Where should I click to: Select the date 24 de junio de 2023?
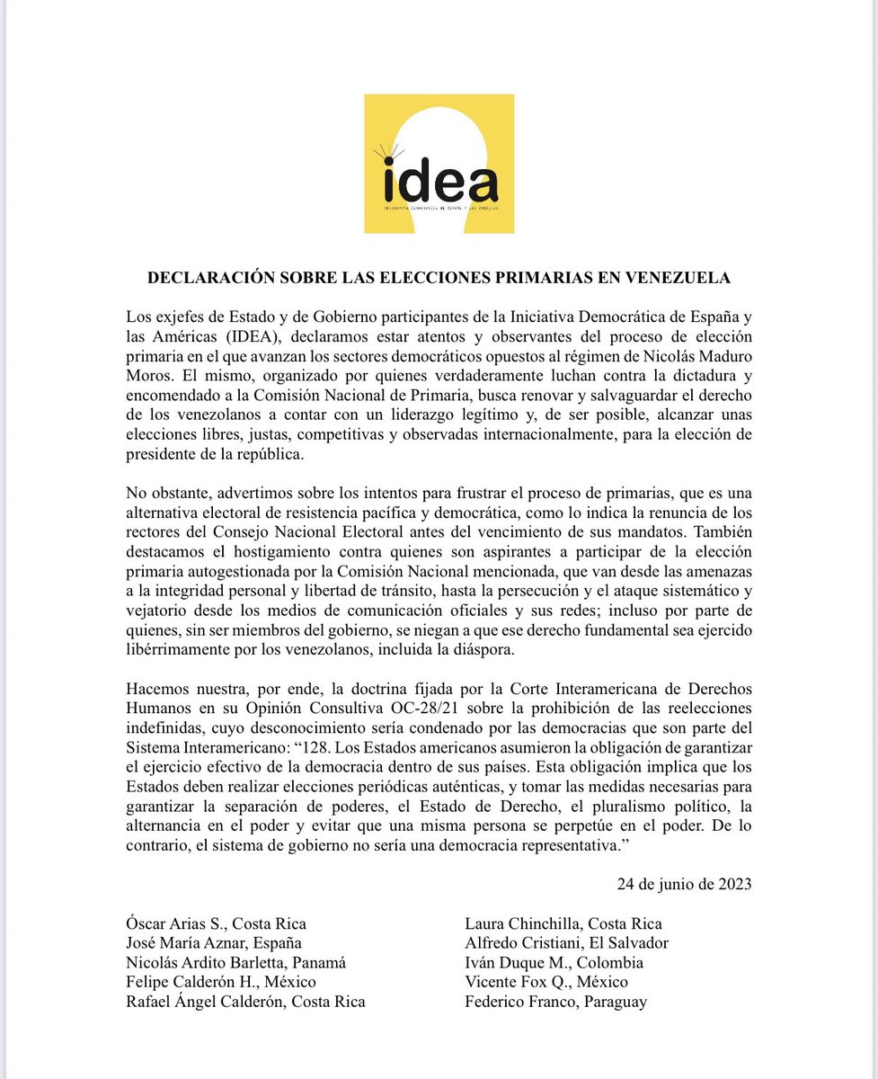(x=684, y=883)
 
